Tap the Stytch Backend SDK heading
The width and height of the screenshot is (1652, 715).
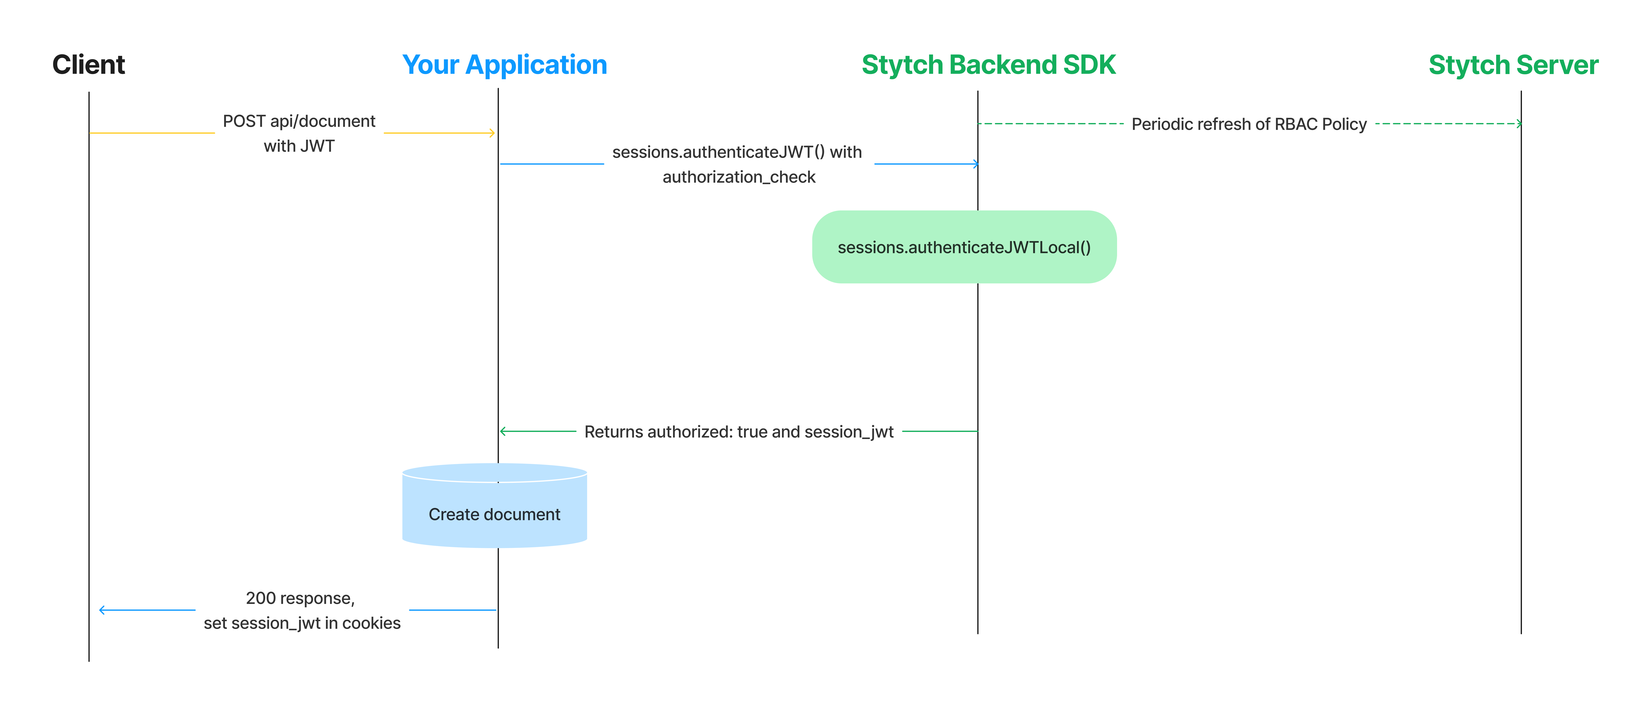(x=988, y=65)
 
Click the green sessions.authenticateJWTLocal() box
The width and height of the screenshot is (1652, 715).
(x=964, y=247)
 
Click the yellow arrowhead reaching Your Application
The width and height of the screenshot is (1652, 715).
(x=492, y=133)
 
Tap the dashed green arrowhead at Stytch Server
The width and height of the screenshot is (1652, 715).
(x=1519, y=123)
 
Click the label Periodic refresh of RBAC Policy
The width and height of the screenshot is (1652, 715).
(x=1249, y=124)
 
